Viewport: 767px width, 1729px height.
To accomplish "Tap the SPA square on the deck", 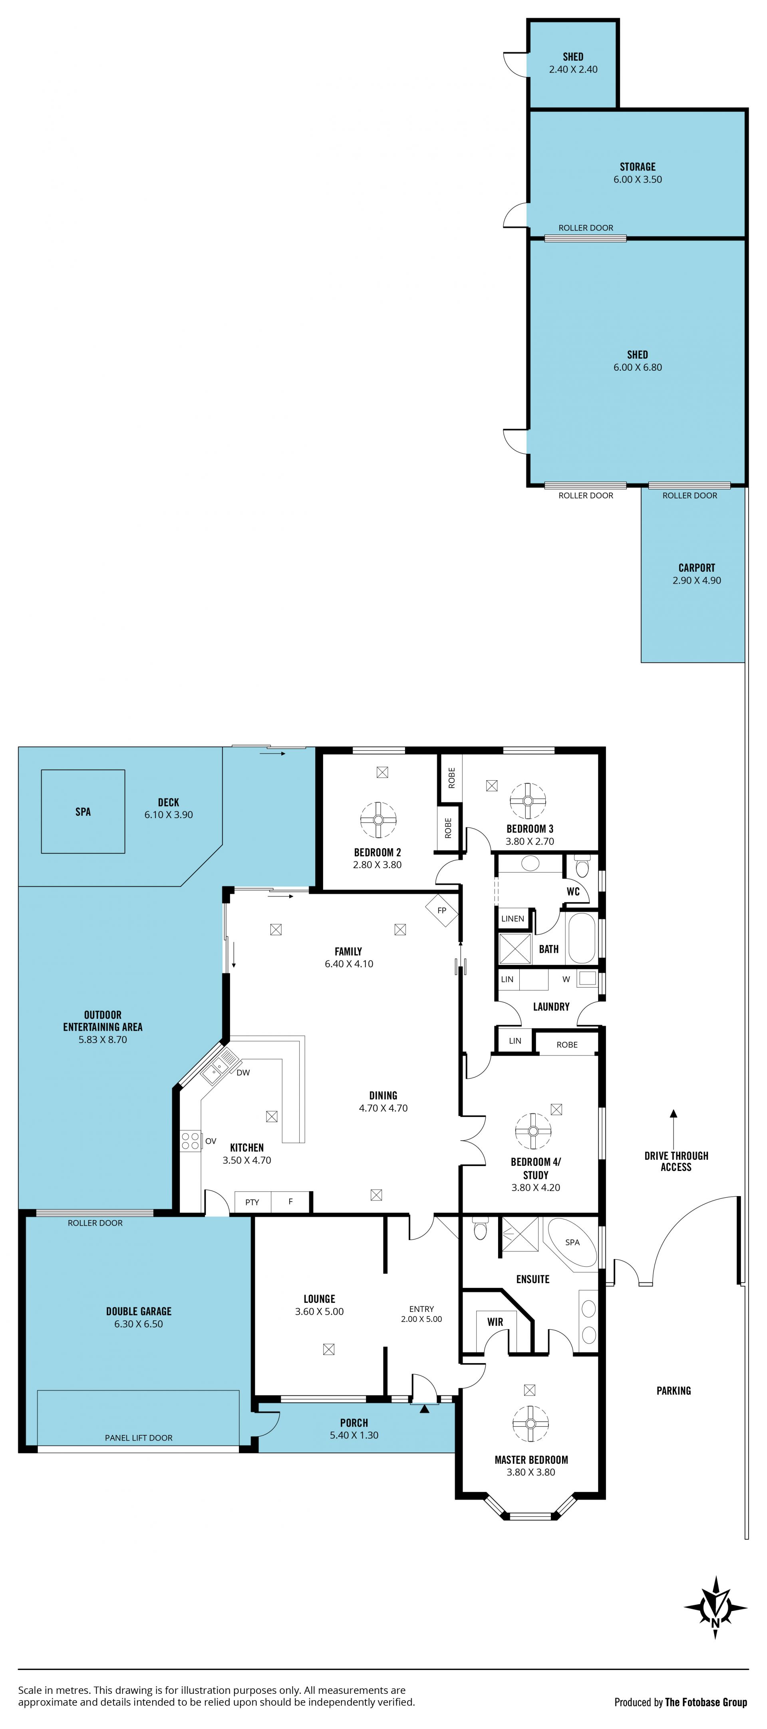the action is point(83,811).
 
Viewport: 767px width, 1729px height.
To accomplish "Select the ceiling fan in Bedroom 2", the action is point(378,819).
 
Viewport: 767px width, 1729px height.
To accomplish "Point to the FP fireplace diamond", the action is point(441,911).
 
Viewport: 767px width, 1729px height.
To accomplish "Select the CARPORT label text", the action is point(697,568).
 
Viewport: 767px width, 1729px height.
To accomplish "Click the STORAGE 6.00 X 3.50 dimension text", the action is point(638,179).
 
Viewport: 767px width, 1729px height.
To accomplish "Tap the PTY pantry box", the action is point(252,1202).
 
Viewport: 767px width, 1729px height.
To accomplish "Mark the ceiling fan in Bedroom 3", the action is point(527,801).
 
